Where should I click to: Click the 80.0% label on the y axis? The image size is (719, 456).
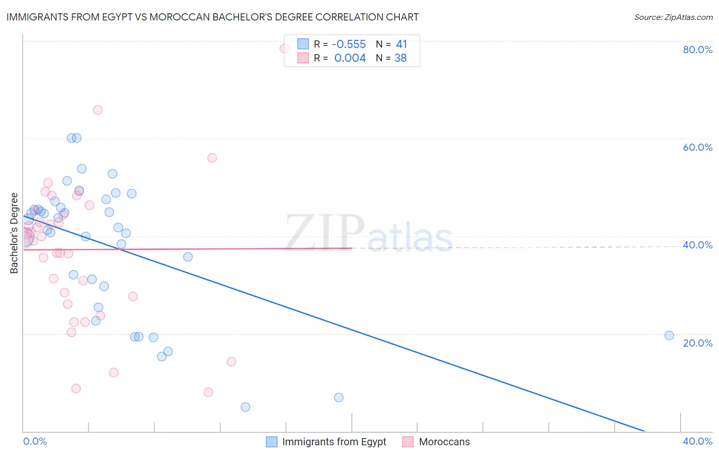point(698,50)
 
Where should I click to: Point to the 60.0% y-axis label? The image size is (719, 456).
point(698,147)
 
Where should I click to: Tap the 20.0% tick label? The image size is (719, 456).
point(698,343)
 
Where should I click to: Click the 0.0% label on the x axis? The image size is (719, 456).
point(35,441)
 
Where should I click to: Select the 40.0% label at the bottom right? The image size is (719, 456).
point(698,441)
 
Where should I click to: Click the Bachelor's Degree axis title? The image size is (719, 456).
point(14,233)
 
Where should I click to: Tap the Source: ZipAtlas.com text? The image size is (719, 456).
point(673,17)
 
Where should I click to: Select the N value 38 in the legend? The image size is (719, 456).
point(400,58)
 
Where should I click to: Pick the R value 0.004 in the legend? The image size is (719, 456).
point(350,58)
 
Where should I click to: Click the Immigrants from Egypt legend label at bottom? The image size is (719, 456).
point(334,442)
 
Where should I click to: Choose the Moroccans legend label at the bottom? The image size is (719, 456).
point(444,442)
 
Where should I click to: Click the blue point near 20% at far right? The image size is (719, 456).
point(669,335)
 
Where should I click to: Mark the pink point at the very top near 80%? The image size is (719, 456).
point(284,49)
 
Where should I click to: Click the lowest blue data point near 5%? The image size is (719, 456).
point(245,407)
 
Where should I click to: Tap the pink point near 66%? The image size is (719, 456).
point(98,110)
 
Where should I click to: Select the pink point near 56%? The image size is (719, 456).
point(212,158)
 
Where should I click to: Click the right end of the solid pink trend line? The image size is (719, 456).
point(352,248)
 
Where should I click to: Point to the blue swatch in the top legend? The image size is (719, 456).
point(303,44)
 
